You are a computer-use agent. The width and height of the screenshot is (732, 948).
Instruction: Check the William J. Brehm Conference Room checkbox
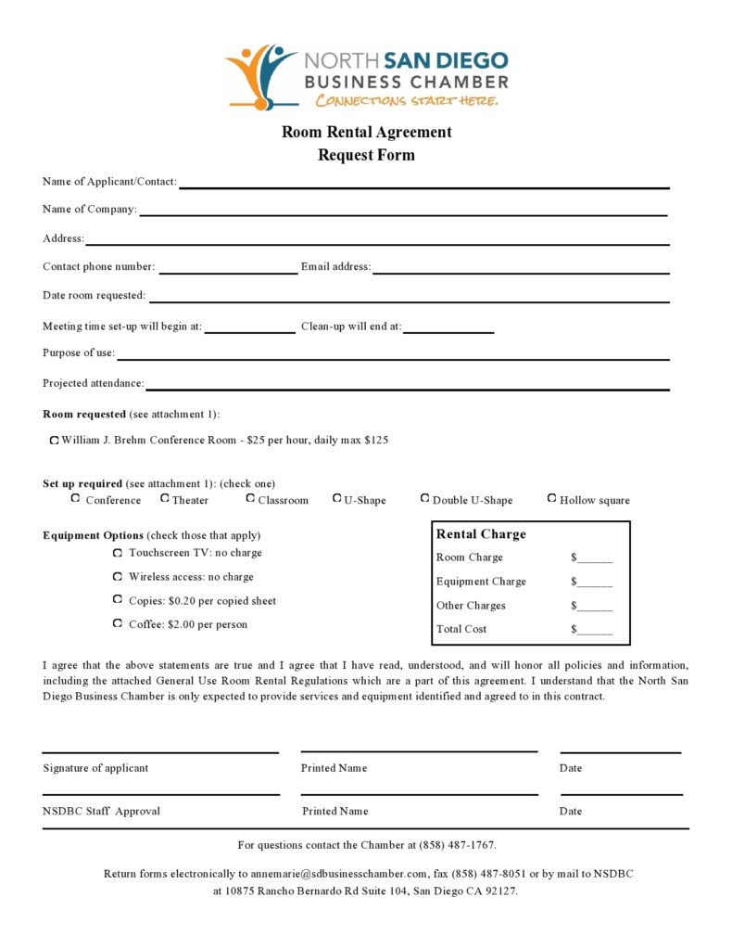(x=55, y=440)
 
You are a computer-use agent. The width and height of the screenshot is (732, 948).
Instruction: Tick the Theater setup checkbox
(x=165, y=498)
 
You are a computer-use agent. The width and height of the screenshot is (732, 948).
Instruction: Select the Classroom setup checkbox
(x=250, y=498)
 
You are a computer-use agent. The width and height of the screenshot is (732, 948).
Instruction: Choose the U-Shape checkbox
(x=336, y=498)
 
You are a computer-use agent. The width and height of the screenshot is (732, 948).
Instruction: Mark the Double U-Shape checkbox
(x=425, y=498)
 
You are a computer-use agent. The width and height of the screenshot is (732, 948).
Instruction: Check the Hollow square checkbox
(x=552, y=498)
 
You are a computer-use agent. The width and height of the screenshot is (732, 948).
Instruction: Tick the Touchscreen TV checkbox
(x=118, y=553)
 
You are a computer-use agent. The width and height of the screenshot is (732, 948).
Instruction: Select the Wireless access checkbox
(x=118, y=577)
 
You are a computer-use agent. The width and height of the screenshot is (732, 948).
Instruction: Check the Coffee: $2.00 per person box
(x=118, y=623)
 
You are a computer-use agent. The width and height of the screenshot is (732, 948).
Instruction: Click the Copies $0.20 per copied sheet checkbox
(x=118, y=600)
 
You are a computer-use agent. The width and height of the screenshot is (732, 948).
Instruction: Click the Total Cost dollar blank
(x=595, y=631)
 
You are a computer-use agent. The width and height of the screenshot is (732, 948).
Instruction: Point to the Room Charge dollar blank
(x=595, y=559)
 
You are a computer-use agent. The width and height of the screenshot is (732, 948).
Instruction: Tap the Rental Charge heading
(x=481, y=534)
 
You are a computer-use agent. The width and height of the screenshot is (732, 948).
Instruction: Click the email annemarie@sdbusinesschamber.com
(x=339, y=874)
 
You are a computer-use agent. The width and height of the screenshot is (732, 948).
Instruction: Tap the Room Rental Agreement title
(x=367, y=132)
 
